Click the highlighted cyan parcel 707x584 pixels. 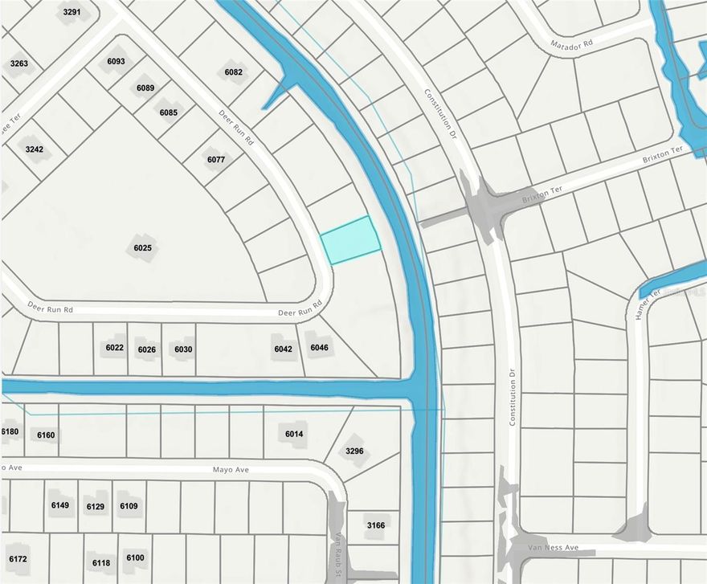351,239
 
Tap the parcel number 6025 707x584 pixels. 142,248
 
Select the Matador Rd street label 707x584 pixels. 571,44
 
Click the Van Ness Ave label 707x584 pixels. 553,548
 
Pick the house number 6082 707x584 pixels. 233,72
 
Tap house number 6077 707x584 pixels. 216,159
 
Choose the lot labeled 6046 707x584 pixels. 320,348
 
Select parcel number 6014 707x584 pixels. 295,434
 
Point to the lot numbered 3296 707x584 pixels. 354,451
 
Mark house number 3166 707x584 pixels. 376,525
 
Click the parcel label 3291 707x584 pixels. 72,12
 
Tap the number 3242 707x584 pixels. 34,149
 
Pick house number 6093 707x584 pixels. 116,61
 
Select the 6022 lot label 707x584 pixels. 114,348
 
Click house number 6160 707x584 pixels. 47,435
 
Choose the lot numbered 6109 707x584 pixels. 129,506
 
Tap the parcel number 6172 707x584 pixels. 18,558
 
